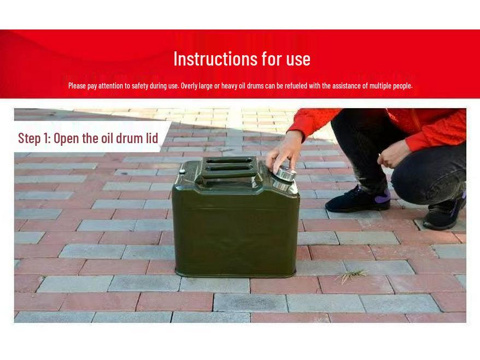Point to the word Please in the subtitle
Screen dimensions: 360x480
click(x=78, y=86)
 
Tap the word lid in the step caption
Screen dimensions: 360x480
click(x=151, y=138)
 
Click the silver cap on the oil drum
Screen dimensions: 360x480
click(x=285, y=175)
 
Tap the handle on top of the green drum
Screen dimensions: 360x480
click(x=229, y=166)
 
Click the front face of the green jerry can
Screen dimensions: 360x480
click(x=235, y=229)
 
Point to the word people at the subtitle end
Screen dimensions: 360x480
click(x=403, y=86)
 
